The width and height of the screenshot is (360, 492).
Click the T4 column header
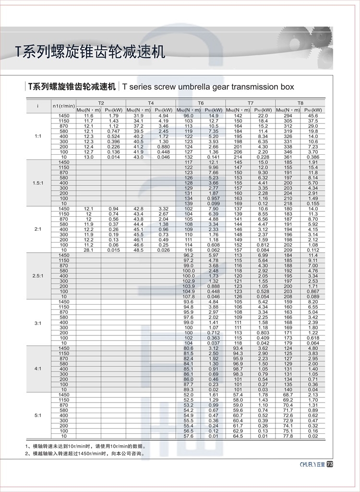point(151,103)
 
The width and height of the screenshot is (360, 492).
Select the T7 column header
point(251,103)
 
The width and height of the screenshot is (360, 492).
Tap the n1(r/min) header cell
point(63,106)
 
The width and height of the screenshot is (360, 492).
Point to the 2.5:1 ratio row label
point(38,276)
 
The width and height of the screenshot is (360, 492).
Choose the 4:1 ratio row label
point(38,369)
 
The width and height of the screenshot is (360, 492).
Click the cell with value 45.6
point(313,116)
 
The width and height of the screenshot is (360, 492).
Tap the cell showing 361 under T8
point(288,157)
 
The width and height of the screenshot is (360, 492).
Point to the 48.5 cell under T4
point(138,250)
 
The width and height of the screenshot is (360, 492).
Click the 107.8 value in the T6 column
point(189,296)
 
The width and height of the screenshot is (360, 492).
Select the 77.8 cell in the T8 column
point(288,436)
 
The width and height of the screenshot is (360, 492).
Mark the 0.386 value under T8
point(313,157)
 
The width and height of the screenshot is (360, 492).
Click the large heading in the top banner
point(90,51)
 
